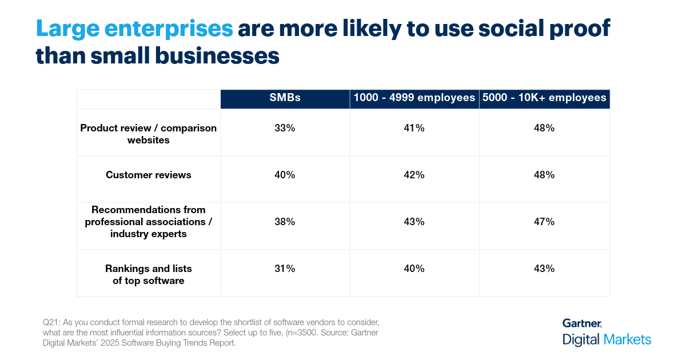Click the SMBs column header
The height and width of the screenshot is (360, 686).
point(285,98)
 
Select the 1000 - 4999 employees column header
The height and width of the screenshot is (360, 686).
point(414,98)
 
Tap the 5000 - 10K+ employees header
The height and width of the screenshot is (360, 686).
point(544,98)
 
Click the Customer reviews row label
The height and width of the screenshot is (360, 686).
point(149,175)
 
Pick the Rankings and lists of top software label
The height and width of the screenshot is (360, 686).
point(149,274)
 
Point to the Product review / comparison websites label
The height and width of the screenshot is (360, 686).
point(149,134)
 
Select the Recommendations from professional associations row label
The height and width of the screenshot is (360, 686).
point(149,222)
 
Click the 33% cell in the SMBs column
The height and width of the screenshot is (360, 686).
point(285,129)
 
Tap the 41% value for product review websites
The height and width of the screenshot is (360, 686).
point(414,129)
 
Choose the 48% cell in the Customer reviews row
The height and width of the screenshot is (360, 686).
point(544,175)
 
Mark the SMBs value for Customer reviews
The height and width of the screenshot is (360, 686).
point(285,175)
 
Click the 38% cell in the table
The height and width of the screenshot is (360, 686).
point(285,222)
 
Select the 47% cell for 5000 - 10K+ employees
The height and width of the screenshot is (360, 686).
point(544,222)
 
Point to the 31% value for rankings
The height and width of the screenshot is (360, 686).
point(285,269)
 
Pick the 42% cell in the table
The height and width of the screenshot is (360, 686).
point(414,175)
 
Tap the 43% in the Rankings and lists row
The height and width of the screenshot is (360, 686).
point(544,269)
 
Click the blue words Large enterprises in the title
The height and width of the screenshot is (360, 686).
point(134,29)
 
